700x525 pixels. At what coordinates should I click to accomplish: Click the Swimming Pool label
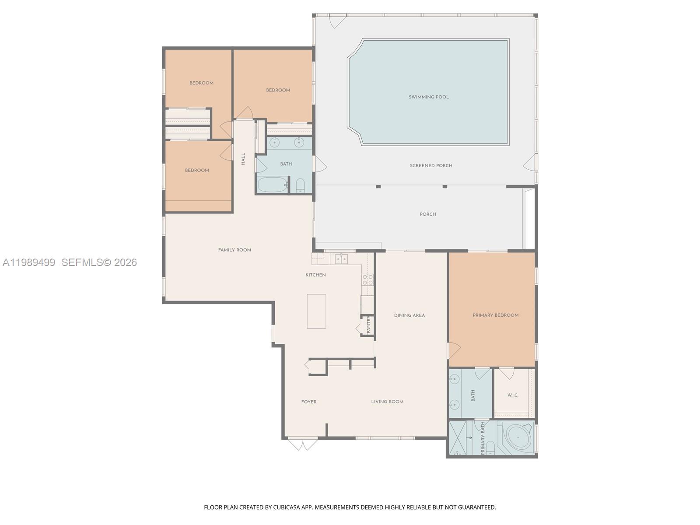(429, 97)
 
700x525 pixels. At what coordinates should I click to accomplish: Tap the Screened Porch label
(431, 165)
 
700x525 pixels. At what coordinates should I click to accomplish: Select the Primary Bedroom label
(495, 315)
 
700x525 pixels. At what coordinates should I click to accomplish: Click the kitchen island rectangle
(316, 311)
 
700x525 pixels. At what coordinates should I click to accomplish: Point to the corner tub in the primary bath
(517, 437)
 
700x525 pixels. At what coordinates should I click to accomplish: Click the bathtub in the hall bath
(272, 185)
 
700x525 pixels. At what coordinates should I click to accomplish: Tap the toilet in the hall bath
(301, 186)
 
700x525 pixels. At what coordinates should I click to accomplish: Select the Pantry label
(368, 325)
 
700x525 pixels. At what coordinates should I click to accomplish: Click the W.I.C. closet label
(513, 395)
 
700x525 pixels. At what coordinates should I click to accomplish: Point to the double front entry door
(303, 444)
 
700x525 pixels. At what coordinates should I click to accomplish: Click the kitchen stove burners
(367, 280)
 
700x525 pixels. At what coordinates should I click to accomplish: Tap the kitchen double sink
(341, 259)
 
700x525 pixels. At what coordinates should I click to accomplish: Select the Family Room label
(234, 250)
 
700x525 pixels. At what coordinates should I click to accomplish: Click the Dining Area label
(409, 315)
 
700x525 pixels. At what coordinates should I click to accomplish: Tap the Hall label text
(243, 158)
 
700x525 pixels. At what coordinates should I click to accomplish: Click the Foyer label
(308, 402)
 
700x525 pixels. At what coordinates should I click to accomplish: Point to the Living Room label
(387, 402)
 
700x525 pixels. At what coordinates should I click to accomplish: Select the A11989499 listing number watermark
(29, 262)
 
